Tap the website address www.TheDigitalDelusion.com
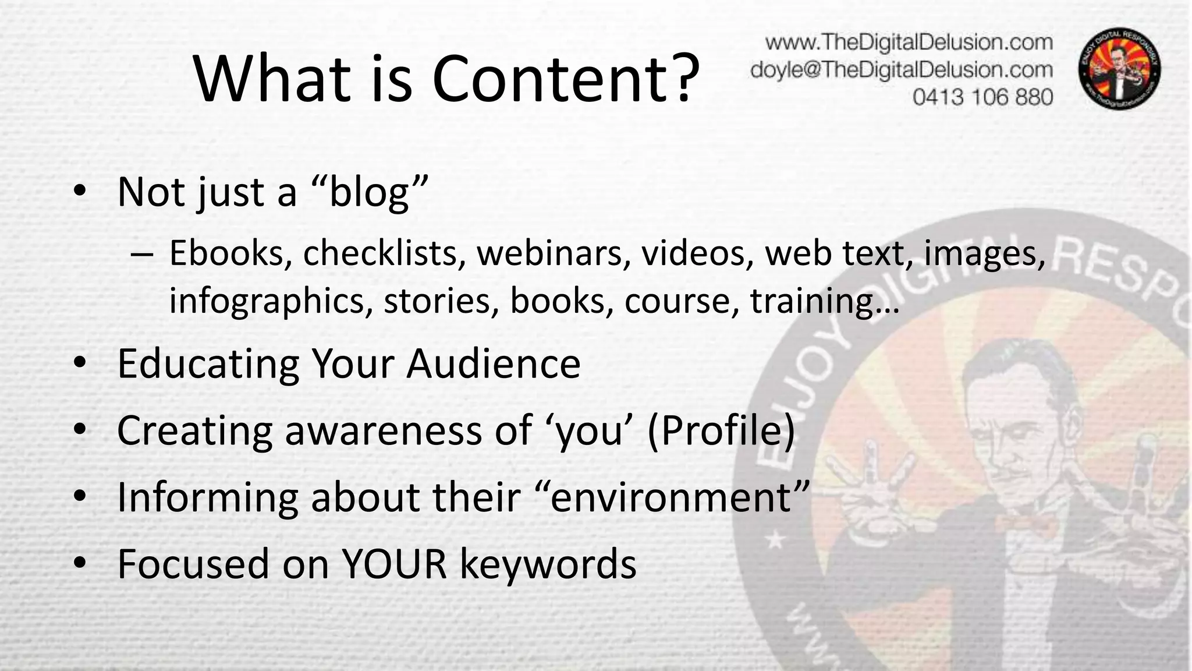[909, 43]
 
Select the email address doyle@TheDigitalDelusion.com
[902, 70]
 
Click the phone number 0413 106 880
[982, 97]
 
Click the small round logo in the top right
[1120, 69]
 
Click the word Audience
[494, 363]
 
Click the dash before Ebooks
[142, 254]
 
